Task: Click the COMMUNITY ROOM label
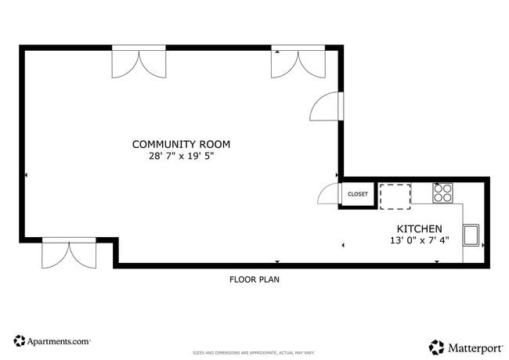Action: tap(181, 144)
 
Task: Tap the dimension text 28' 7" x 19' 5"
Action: tap(181, 156)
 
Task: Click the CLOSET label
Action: tap(357, 194)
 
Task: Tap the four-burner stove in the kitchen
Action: tap(443, 193)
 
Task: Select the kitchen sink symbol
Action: tap(472, 235)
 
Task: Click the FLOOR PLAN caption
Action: tap(254, 279)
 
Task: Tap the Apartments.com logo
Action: tap(52, 341)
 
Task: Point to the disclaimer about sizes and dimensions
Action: tap(254, 353)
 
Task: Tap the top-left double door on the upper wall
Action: tap(139, 63)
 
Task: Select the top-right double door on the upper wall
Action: tap(298, 63)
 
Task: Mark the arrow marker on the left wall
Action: tap(26, 175)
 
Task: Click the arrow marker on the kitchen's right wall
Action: tap(483, 245)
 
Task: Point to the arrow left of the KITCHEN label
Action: tap(343, 246)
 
